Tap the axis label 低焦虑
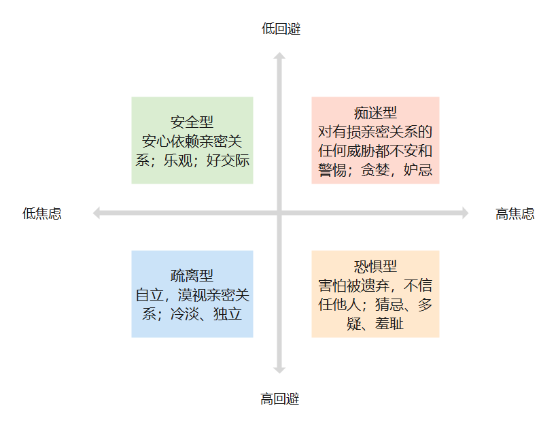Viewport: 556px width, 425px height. pos(41,214)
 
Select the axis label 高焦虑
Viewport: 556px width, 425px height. pos(515,214)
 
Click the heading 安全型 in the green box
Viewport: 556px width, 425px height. pos(192,122)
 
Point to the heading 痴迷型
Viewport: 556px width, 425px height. pos(375,113)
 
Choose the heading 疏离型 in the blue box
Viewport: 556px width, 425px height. pos(192,276)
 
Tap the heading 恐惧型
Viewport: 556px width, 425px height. pos(375,267)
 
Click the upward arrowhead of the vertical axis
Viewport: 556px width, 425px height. pos(279,57)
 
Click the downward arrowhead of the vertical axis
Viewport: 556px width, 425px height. pos(279,369)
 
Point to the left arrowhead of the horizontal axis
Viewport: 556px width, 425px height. pos(97,214)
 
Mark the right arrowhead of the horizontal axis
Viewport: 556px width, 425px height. pos(464,214)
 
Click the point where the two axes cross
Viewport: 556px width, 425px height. pos(279,214)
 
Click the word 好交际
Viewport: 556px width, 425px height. pos(228,160)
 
